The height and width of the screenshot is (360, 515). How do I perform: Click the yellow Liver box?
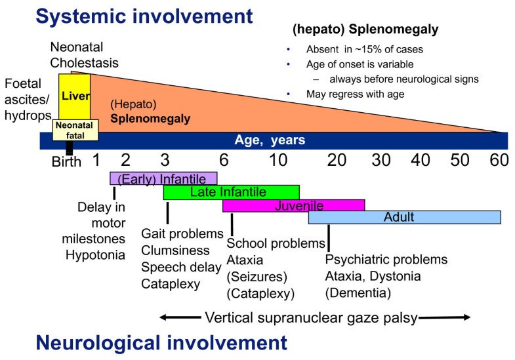73,96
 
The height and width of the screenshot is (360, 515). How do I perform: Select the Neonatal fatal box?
74,130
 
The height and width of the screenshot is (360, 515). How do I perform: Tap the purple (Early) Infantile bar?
163,178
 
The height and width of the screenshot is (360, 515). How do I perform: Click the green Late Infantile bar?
231,192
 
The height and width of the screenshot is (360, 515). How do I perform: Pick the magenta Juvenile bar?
293,206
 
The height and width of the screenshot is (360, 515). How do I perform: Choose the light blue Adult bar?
404,217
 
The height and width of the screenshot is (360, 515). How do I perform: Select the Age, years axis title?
270,140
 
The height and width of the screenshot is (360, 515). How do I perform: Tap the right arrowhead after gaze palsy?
466,318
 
